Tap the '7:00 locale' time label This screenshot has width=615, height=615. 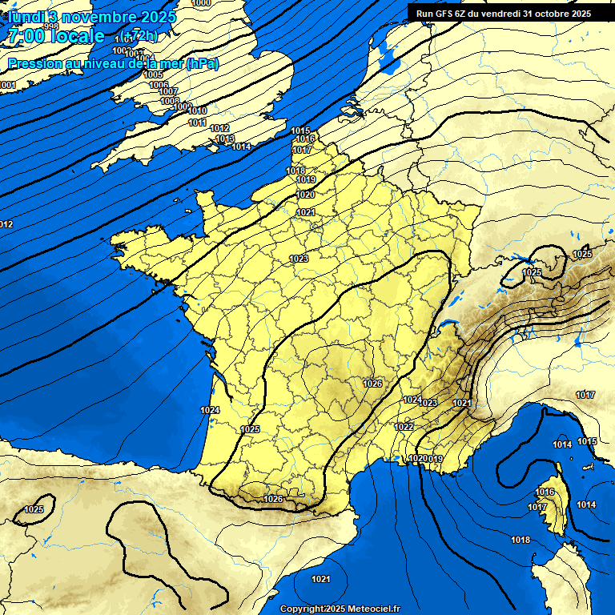pyautogui.click(x=56, y=36)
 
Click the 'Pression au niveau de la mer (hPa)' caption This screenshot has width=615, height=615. pyautogui.click(x=113, y=64)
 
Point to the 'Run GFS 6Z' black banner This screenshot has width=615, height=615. pyautogui.click(x=503, y=13)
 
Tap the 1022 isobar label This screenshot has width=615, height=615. pyautogui.click(x=404, y=427)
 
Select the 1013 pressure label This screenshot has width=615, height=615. pyautogui.click(x=225, y=139)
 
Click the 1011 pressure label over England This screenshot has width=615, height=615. pyautogui.click(x=198, y=123)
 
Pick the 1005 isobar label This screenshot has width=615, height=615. pyautogui.click(x=153, y=74)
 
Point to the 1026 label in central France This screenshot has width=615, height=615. pyautogui.click(x=372, y=384)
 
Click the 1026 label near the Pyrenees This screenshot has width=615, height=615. pyautogui.click(x=273, y=499)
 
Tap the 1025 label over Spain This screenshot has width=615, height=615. pyautogui.click(x=34, y=509)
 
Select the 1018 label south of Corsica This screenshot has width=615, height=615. pyautogui.click(x=521, y=540)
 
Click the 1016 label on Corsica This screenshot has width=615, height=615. pyautogui.click(x=545, y=492)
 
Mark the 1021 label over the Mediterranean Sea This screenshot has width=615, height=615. pyautogui.click(x=321, y=579)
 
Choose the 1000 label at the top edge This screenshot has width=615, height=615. pyautogui.click(x=202, y=3)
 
